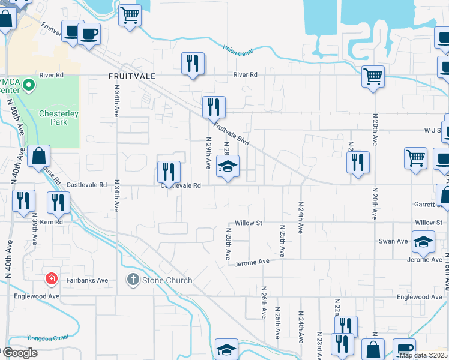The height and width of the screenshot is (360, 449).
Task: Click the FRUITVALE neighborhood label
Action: [x=131, y=76]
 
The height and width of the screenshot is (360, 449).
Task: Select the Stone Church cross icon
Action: [x=133, y=280]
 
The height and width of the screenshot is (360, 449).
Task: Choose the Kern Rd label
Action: [x=52, y=222]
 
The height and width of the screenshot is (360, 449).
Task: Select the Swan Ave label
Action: [x=393, y=241]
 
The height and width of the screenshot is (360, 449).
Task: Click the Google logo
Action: [x=19, y=352]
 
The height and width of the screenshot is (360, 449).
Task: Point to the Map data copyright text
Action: [x=424, y=355]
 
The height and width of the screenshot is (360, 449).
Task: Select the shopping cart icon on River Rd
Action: [x=373, y=76]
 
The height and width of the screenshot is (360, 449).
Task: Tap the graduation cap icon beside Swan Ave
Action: [x=424, y=241]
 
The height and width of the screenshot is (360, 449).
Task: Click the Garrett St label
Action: [x=428, y=204]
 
